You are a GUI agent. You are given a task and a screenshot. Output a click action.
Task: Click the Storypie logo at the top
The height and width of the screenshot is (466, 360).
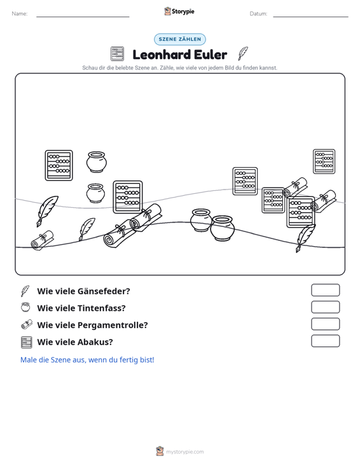[179, 11]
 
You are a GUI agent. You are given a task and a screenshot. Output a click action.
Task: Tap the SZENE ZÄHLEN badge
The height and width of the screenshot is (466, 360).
[180, 39]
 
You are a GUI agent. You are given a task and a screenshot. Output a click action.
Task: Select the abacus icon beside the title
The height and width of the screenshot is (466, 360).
[117, 54]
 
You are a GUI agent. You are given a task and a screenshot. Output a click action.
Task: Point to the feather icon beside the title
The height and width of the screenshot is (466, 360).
[243, 53]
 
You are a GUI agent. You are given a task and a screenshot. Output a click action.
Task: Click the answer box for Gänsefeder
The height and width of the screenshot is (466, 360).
[325, 290]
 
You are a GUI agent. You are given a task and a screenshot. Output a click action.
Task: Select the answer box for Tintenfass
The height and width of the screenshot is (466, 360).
[325, 307]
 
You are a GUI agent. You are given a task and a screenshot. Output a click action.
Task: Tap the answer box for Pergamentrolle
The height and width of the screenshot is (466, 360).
[325, 324]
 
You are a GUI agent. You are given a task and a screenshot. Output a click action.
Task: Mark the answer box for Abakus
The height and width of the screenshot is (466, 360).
[325, 341]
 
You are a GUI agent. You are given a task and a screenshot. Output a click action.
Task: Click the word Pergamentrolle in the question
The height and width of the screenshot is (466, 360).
[113, 325]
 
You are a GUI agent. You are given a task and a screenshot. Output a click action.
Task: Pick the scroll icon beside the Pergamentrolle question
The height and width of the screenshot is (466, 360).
[27, 324]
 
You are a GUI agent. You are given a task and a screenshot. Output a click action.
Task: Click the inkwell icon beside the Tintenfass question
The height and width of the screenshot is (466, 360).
[26, 307]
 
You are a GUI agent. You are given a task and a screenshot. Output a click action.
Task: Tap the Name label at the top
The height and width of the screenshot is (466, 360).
[20, 14]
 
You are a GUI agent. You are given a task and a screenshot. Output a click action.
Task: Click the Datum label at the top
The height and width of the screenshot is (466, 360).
[258, 14]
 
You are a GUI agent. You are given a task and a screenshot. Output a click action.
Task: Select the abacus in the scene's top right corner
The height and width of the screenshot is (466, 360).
[324, 161]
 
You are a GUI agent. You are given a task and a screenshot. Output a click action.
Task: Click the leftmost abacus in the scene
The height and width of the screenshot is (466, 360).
[59, 165]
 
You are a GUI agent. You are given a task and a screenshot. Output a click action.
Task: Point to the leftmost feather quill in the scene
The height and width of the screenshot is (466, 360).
[47, 210]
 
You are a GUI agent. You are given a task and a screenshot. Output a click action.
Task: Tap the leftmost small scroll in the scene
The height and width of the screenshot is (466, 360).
[43, 240]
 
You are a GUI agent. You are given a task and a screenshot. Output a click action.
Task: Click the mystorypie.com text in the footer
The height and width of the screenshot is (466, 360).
[185, 452]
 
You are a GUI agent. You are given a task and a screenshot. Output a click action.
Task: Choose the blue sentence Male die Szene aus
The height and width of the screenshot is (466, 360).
[87, 360]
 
